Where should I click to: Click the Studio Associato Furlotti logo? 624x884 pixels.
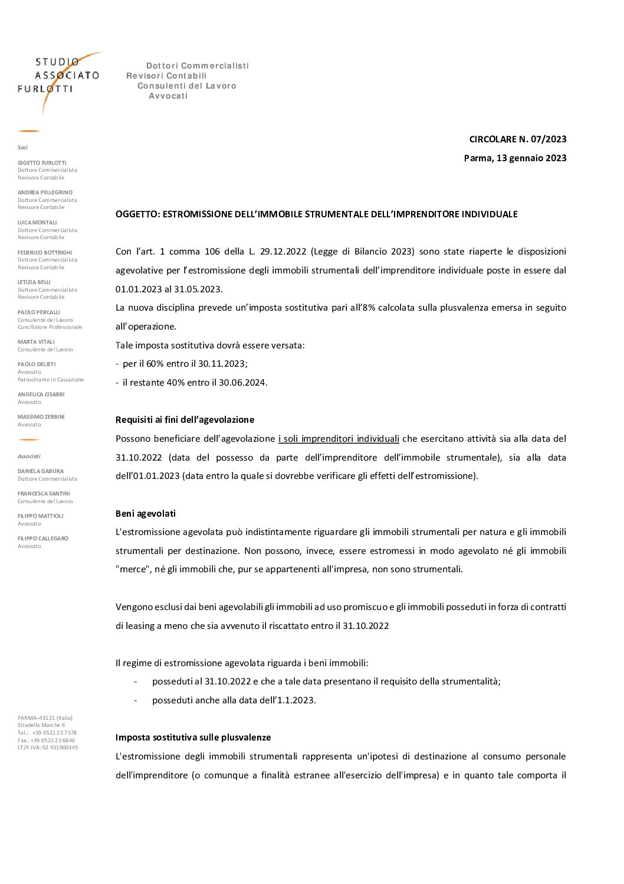click(59, 77)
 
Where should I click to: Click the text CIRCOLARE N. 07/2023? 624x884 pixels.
click(517, 139)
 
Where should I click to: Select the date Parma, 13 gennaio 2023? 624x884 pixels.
click(515, 158)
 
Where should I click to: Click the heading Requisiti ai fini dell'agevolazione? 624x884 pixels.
click(185, 420)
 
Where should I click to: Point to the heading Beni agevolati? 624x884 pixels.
click(145, 514)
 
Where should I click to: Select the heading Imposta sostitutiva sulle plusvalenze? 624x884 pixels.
click(193, 738)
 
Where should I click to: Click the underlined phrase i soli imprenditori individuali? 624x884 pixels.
click(339, 439)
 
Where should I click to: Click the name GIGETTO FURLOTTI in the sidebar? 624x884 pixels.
click(42, 163)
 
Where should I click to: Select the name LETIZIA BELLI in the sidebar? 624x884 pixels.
click(34, 282)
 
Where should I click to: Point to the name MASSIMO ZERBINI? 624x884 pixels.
click(41, 417)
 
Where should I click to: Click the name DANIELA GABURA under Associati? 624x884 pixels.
click(41, 471)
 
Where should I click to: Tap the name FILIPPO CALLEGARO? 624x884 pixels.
click(43, 539)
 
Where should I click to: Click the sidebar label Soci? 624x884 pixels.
click(22, 148)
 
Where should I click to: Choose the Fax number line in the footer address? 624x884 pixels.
click(46, 741)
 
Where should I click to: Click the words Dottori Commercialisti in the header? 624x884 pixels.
click(198, 66)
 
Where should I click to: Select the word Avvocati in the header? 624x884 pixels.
click(168, 96)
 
